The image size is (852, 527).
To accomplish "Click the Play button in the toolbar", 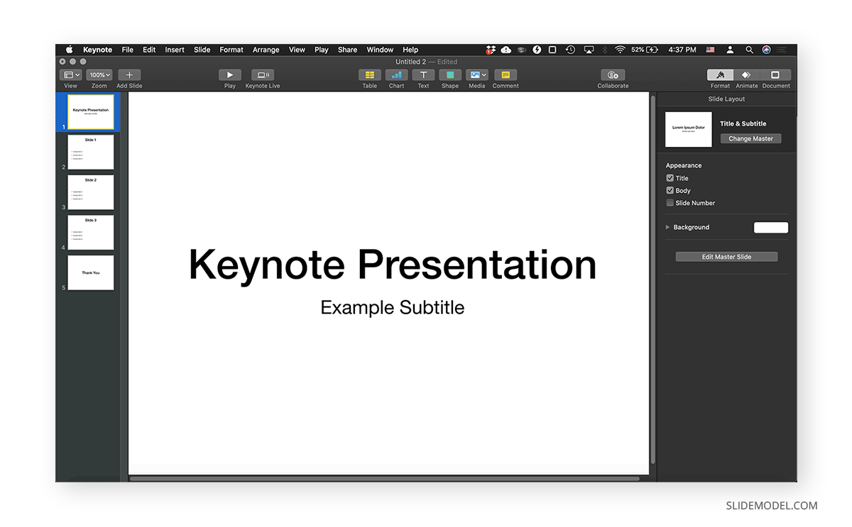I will pyautogui.click(x=229, y=75).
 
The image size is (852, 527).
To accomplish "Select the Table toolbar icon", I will pyautogui.click(x=369, y=75).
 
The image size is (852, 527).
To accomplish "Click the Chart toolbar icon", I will pyautogui.click(x=396, y=75).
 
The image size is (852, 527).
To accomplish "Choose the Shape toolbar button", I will pyautogui.click(x=450, y=75).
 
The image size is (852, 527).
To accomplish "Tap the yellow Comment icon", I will pyautogui.click(x=506, y=75).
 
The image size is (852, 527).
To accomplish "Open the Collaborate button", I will pyautogui.click(x=613, y=75).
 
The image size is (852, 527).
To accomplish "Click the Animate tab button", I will pyautogui.click(x=746, y=75).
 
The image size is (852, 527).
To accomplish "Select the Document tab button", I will pyautogui.click(x=775, y=75).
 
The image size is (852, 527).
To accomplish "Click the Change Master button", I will pyautogui.click(x=750, y=139).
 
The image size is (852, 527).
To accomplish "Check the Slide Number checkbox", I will pyautogui.click(x=670, y=203).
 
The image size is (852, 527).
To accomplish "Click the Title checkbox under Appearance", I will pyautogui.click(x=670, y=178).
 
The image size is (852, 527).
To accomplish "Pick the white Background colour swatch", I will pyautogui.click(x=770, y=228).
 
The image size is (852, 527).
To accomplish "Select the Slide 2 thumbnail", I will pyautogui.click(x=90, y=192).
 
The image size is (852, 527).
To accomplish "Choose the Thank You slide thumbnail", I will pyautogui.click(x=90, y=273).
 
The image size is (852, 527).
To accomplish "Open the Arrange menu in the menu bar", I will pyautogui.click(x=266, y=50).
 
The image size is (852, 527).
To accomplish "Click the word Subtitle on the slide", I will pyautogui.click(x=432, y=308).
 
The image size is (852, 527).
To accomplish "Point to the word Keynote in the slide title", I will pyautogui.click(x=267, y=265).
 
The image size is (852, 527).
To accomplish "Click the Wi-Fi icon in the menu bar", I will pyautogui.click(x=620, y=50).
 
